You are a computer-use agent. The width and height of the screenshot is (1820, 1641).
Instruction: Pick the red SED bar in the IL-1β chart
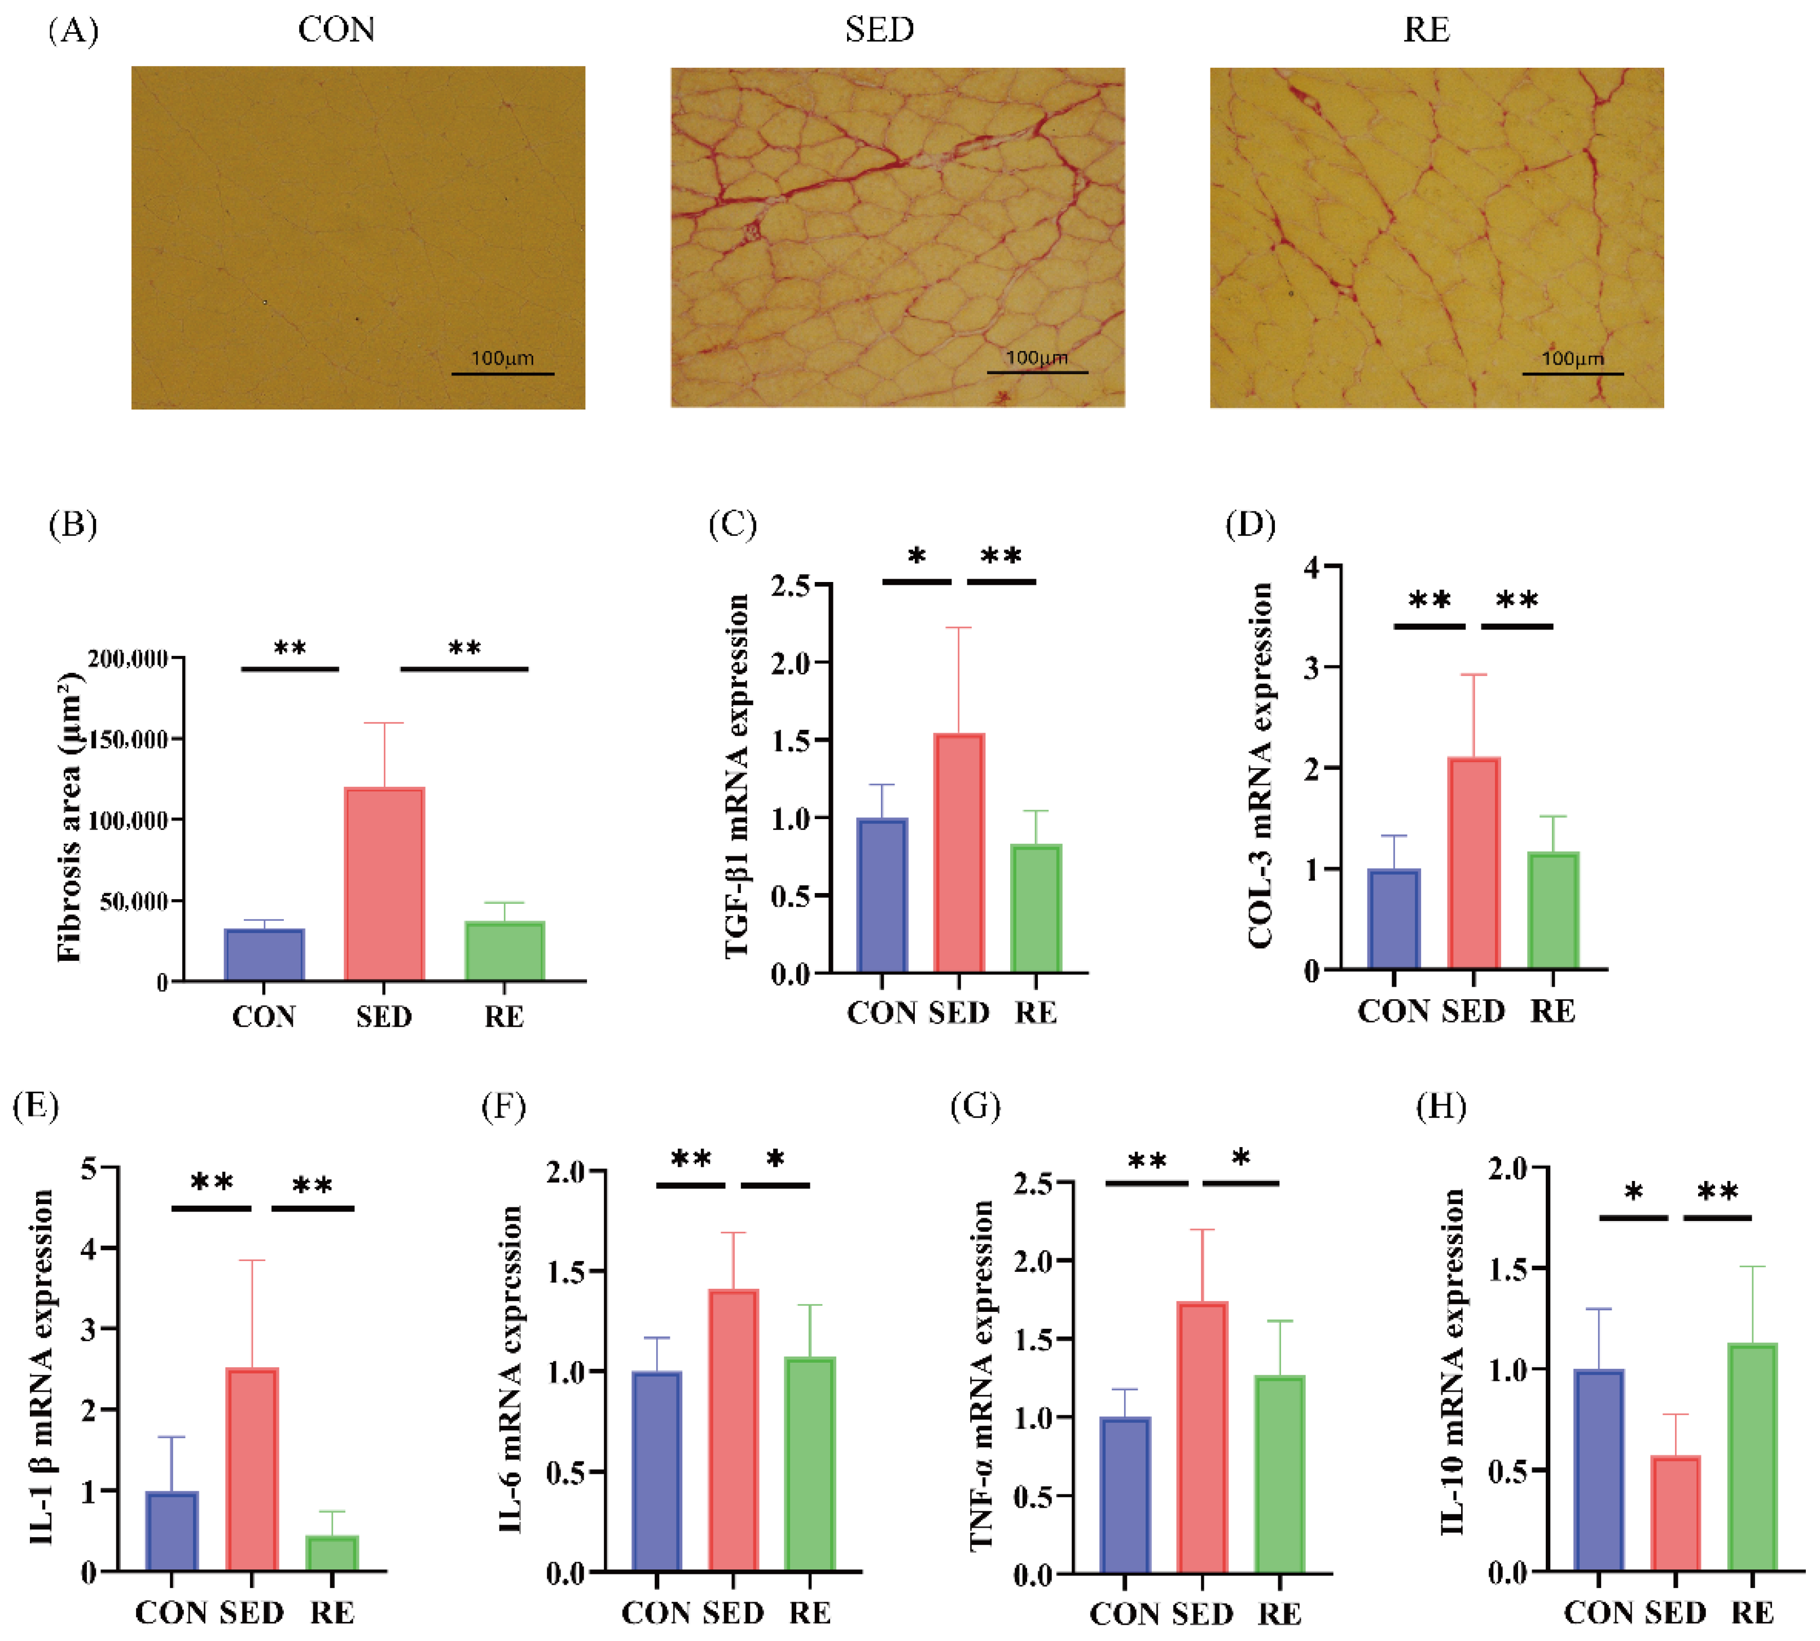tap(252, 1470)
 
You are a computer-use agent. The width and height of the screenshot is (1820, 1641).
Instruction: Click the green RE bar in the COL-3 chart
tap(1553, 911)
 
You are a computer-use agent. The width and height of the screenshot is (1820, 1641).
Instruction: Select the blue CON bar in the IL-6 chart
tap(656, 1472)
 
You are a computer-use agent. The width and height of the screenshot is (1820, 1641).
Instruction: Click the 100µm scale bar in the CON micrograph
tap(502, 373)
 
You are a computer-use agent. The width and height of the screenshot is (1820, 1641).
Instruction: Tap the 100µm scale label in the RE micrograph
tap(1572, 359)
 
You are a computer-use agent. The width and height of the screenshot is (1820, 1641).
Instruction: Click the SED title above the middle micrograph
tap(879, 30)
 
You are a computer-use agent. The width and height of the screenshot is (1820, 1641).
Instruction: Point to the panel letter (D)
tap(1249, 524)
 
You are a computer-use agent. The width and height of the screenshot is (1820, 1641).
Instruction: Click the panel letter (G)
tap(975, 1106)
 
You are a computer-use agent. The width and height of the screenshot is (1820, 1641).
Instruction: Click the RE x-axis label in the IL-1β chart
tap(332, 1612)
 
